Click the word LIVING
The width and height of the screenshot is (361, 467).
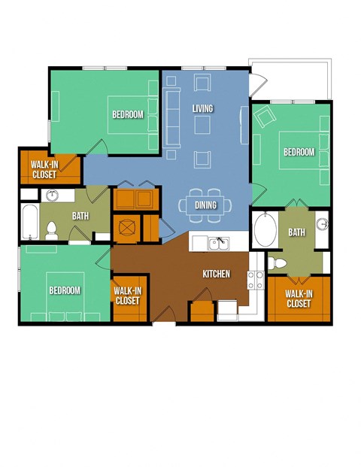202,108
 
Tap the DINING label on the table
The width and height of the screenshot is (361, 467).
205,205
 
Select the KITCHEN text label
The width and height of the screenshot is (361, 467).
216,274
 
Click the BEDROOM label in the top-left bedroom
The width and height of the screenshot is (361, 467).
128,114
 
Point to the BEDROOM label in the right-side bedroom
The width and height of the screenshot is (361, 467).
299,152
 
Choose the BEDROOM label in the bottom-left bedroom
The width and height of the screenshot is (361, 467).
65,290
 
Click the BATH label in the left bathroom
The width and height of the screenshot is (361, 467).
80,217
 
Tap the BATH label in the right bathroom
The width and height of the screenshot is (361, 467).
296,232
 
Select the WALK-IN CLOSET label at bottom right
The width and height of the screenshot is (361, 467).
299,299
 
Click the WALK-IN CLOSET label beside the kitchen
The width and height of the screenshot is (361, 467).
127,295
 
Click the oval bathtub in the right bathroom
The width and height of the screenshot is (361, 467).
265,230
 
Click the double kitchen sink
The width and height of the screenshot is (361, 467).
218,243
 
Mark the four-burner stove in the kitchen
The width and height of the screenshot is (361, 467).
256,281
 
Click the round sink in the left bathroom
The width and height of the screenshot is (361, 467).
53,196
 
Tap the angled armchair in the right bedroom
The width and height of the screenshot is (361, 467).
265,117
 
